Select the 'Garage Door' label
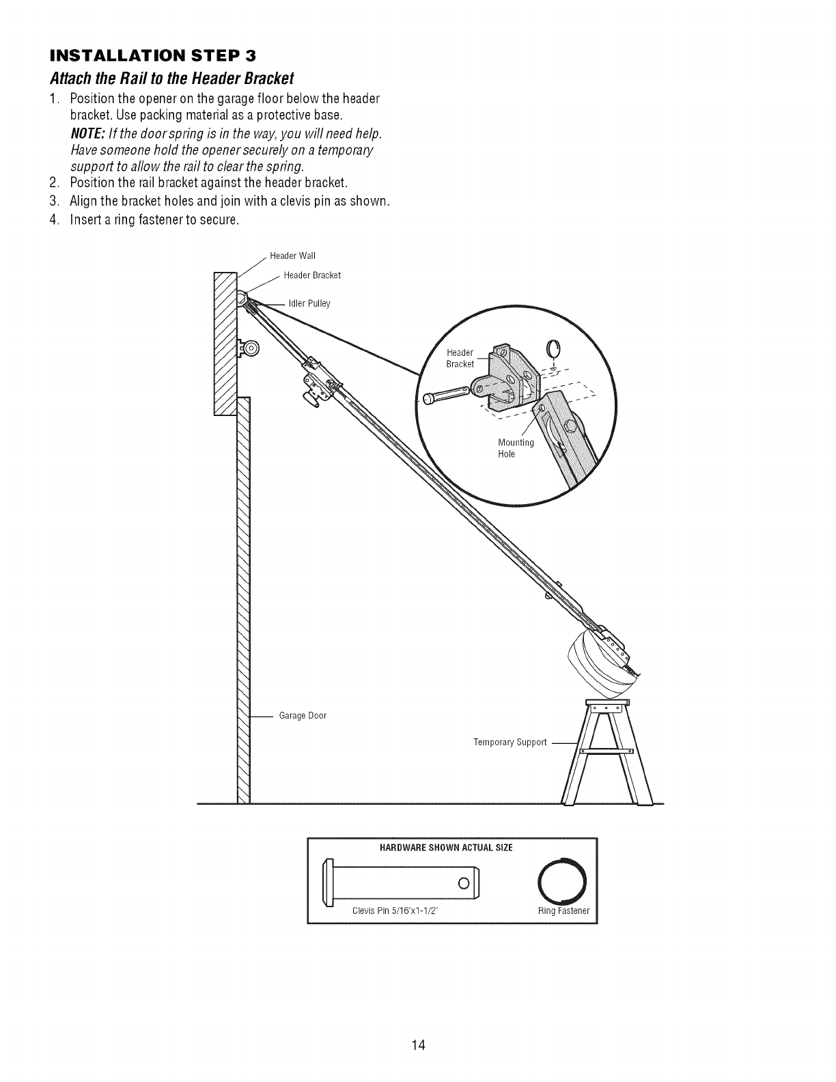(x=303, y=716)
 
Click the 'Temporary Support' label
(x=510, y=742)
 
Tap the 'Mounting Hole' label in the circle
(x=516, y=448)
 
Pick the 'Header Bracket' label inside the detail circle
(x=460, y=358)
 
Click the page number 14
(x=418, y=1007)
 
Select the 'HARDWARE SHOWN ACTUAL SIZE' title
(x=446, y=848)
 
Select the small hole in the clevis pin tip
(x=462, y=886)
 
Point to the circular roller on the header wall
(x=249, y=348)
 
